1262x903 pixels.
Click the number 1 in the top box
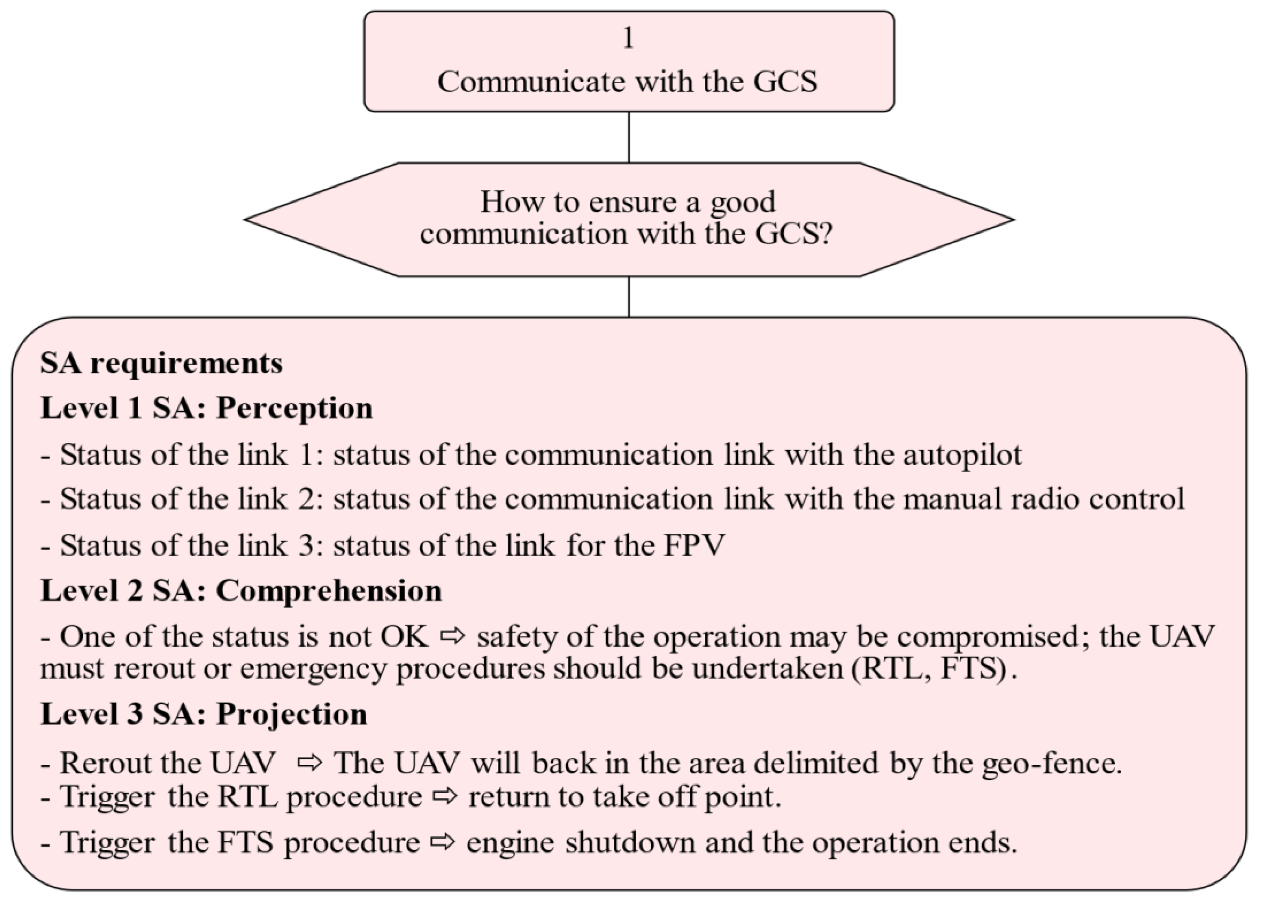point(628,38)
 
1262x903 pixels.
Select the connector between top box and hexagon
point(629,137)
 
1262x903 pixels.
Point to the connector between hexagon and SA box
point(629,297)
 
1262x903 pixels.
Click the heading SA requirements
point(161,364)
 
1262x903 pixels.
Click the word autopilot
point(962,455)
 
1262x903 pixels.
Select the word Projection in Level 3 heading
point(291,714)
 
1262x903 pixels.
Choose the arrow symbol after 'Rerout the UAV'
point(310,763)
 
